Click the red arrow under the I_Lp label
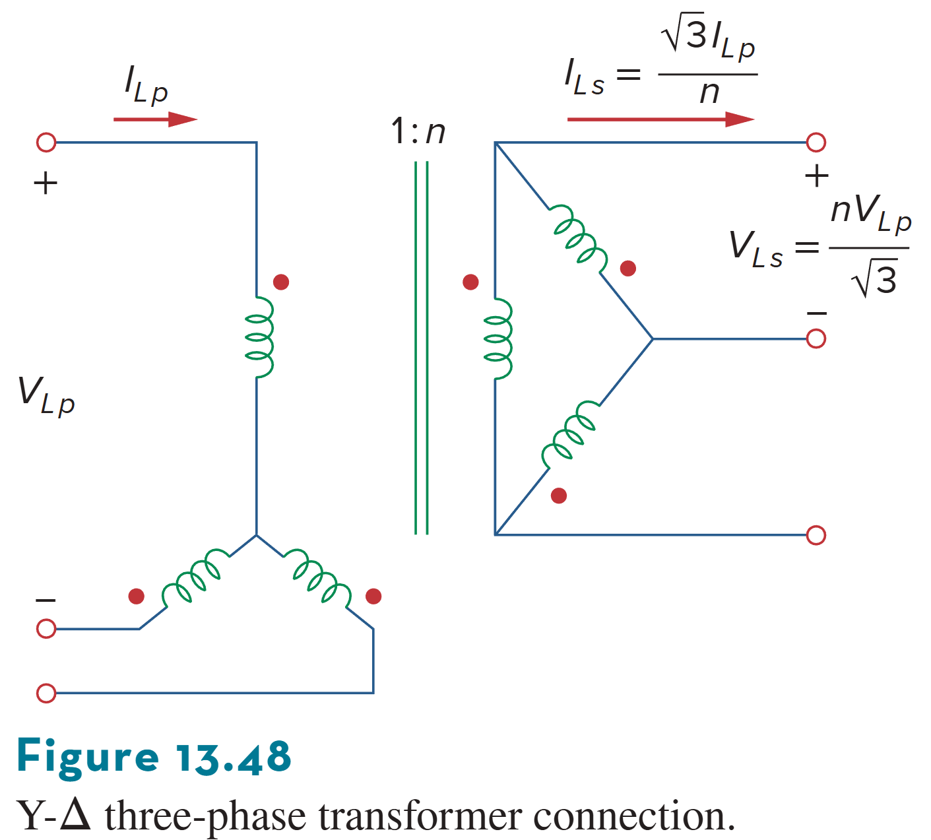coord(156,119)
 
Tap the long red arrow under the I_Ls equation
coord(660,119)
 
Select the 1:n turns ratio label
coord(418,131)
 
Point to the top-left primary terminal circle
coord(46,142)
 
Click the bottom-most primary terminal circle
coord(46,694)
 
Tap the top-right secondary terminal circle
coord(816,142)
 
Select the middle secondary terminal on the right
coord(816,339)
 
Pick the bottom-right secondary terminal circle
coord(816,535)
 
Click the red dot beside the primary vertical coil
coord(281,282)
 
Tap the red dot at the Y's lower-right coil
coord(373,597)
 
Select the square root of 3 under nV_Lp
coord(875,279)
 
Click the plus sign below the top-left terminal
coord(46,183)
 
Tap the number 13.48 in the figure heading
coord(234,757)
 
